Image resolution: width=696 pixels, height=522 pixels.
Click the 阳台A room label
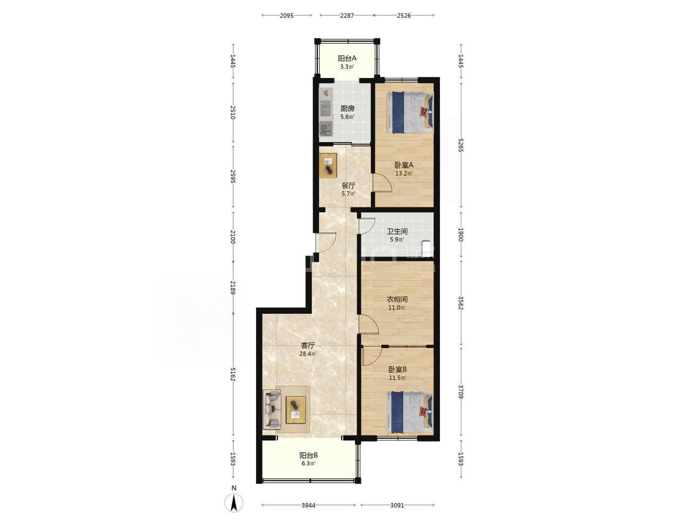347,58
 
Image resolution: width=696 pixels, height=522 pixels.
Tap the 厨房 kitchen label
347,108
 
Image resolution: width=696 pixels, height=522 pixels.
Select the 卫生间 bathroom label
397,231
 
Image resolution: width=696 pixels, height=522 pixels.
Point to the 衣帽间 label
397,299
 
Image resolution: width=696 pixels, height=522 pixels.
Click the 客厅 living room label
308,345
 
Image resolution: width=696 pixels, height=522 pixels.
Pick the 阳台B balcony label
309,455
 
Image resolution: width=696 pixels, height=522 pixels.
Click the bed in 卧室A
410,112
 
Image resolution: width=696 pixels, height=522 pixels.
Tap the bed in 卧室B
410,413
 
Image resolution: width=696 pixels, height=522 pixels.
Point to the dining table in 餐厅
328,166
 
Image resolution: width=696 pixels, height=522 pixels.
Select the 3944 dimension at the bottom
308,505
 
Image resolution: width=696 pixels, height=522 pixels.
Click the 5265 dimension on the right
461,144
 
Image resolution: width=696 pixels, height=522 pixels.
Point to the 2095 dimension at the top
287,15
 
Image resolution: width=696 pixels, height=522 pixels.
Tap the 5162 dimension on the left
233,374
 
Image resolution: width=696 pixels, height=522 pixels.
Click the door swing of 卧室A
382,183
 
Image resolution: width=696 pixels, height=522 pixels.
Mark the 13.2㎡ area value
404,174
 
